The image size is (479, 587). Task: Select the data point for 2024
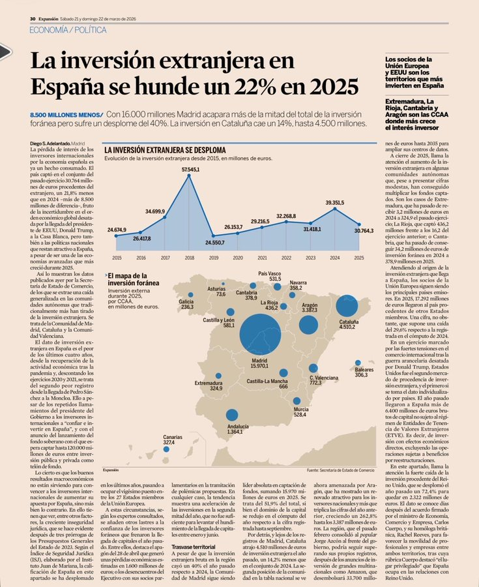tap(335, 208)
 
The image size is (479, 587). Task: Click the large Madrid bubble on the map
tap(259, 335)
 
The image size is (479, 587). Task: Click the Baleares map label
tap(364, 372)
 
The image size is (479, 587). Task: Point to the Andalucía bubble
tap(231, 414)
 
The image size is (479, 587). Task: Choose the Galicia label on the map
tap(187, 304)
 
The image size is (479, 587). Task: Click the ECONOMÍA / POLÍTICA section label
tap(63, 31)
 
